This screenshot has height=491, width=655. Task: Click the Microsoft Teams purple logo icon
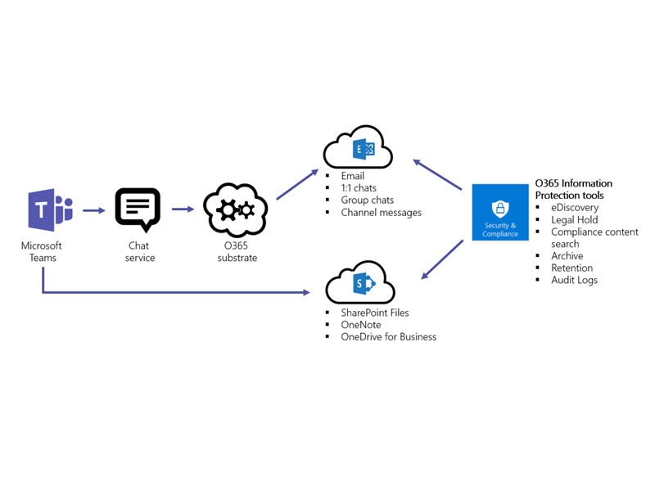point(50,210)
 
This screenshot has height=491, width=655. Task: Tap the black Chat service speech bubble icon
point(138,209)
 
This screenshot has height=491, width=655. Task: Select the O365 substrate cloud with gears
point(236,209)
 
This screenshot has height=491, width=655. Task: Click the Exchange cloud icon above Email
point(358,149)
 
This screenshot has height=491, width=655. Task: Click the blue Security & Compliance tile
point(499,212)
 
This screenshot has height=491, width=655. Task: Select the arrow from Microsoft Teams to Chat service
point(94,210)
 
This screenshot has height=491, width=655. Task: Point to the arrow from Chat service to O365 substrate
point(183,209)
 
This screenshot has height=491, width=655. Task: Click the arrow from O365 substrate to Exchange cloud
point(297,184)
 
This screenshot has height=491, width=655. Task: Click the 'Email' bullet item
point(353,176)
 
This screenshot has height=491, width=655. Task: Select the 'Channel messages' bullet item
point(381,213)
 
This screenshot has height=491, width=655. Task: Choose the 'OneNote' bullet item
point(361,325)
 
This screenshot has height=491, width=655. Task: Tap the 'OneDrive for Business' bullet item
point(388,337)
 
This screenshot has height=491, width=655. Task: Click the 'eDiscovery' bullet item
point(574,208)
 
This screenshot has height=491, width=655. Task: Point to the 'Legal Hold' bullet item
point(574,220)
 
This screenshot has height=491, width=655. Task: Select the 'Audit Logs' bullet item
point(574,280)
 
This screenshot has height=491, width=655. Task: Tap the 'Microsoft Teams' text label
point(42,251)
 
